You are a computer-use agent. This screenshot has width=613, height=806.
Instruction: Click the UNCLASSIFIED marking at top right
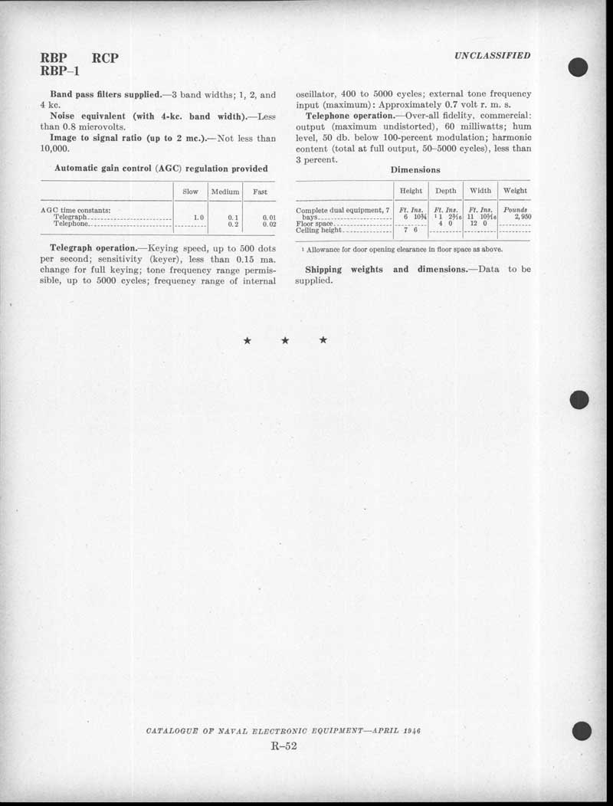(x=492, y=56)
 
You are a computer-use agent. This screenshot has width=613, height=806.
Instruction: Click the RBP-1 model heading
(x=61, y=72)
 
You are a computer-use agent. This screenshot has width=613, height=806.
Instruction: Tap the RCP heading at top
(x=105, y=58)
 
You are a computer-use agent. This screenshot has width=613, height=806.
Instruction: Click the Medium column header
(x=225, y=192)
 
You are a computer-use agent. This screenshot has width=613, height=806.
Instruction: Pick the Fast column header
(x=260, y=192)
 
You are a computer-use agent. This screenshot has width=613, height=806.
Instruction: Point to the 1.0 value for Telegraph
(x=198, y=218)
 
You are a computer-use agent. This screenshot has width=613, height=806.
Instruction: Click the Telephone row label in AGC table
(x=71, y=224)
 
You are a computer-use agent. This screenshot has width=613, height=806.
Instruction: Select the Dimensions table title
(x=415, y=169)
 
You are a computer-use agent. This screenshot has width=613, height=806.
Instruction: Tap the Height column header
(x=411, y=191)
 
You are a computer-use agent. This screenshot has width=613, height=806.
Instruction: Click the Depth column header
(x=445, y=191)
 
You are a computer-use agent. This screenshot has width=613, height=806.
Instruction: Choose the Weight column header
(x=515, y=191)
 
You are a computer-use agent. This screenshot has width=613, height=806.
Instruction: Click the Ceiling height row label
(x=318, y=230)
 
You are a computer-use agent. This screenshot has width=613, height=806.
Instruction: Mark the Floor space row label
(x=314, y=224)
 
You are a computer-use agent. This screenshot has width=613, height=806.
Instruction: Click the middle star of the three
(x=284, y=340)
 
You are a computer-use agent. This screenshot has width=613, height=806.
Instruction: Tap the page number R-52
(x=284, y=747)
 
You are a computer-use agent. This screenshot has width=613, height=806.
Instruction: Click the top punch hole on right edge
(x=578, y=67)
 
